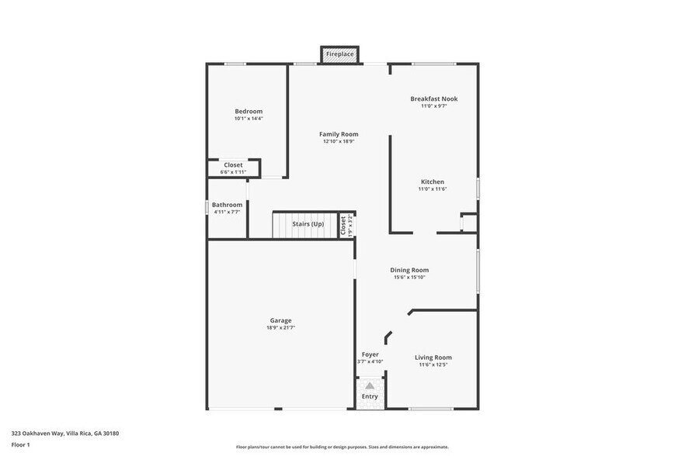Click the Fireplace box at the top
340,54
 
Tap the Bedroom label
249,111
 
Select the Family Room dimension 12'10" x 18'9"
339,142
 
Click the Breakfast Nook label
433,98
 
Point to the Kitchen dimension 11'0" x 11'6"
433,189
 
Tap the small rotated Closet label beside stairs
343,224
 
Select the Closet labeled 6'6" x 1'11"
233,172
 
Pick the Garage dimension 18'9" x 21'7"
280,328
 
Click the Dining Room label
409,270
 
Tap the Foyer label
370,354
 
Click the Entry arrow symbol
370,385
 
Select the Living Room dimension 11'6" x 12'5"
433,364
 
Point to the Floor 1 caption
21,445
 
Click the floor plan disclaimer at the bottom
342,447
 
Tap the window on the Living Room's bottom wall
431,409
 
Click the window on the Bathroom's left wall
207,208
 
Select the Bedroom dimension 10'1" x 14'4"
249,119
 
